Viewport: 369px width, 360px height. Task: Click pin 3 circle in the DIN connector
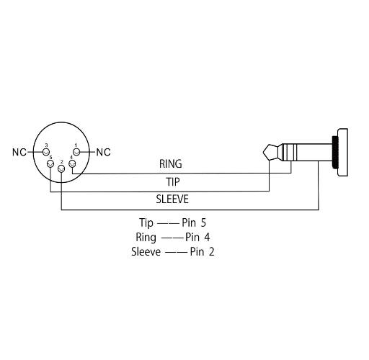[46, 152]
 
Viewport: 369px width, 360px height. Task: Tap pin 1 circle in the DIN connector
[76, 152]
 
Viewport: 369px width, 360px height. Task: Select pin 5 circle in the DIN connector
[50, 163]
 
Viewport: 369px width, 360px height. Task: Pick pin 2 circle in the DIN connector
[61, 168]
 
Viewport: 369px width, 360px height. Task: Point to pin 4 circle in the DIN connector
[72, 164]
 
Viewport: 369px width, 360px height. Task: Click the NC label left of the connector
[19, 152]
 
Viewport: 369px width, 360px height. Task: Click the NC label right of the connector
[103, 152]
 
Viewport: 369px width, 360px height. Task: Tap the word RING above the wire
[171, 164]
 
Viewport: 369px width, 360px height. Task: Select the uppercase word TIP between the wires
[173, 182]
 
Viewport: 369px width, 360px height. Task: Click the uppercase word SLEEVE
[172, 199]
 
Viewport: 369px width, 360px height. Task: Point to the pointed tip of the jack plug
[264, 152]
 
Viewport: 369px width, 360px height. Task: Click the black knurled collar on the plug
[335, 152]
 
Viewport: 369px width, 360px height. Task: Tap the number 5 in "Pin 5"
[203, 222]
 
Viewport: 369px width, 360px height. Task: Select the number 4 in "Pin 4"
[207, 237]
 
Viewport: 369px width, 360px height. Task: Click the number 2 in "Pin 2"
[211, 252]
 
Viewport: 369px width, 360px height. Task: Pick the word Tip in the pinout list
[146, 223]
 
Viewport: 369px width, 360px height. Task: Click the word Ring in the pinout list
[146, 238]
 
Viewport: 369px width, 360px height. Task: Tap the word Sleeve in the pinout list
[146, 252]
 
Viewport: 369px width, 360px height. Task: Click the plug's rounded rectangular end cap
[343, 153]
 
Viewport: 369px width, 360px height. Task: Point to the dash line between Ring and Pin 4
[172, 238]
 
